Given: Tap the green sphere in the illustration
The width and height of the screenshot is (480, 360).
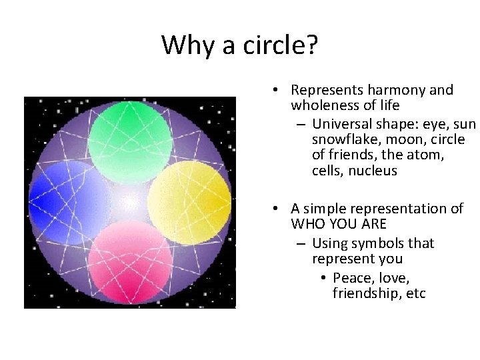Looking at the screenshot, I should pyautogui.click(x=130, y=136).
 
